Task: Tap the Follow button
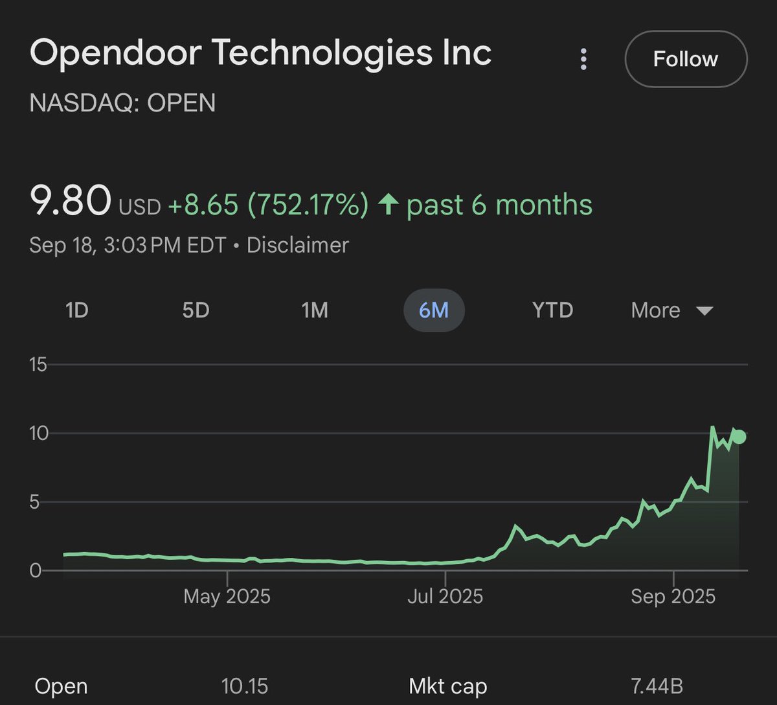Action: click(x=685, y=59)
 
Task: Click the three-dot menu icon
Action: click(x=583, y=60)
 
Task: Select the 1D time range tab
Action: click(x=76, y=310)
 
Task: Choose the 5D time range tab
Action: click(x=196, y=310)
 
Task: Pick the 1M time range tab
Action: click(x=315, y=310)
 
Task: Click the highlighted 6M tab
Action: click(x=434, y=310)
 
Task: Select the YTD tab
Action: click(x=552, y=310)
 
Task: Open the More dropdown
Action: click(x=671, y=310)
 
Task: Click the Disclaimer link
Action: click(x=297, y=245)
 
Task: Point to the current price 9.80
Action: click(x=71, y=202)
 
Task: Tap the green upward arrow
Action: click(x=388, y=205)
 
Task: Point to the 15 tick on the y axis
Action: click(x=39, y=365)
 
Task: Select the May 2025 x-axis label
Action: click(x=227, y=596)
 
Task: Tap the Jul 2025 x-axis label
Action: click(x=445, y=596)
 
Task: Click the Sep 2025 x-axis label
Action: click(x=673, y=596)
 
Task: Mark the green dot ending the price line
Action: click(x=739, y=437)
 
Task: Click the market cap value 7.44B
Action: click(x=657, y=686)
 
